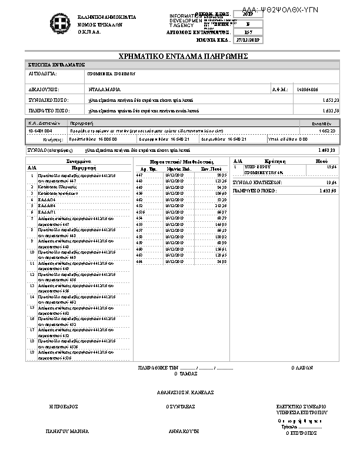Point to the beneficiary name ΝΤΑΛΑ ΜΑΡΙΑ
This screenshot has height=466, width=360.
104,89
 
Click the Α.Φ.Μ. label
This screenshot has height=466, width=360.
279,89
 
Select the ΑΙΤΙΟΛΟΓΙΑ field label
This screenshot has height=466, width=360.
42,75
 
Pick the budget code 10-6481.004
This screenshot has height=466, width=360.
41,131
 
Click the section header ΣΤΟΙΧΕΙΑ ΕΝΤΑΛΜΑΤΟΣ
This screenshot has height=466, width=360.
56,64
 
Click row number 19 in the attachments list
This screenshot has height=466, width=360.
31,352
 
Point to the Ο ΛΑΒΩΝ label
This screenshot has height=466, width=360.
302,368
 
